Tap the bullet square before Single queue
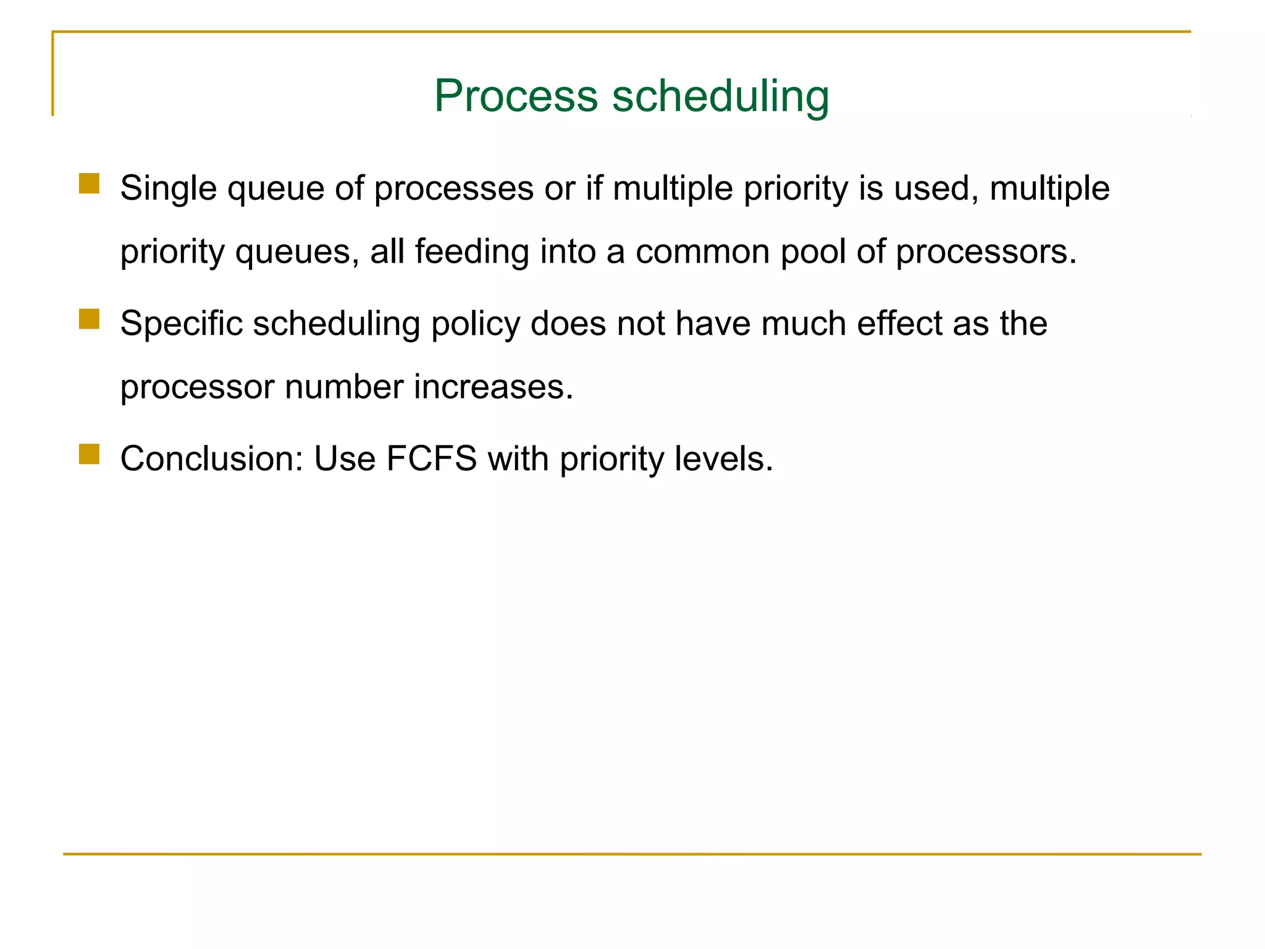(x=89, y=183)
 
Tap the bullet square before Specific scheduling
(x=89, y=319)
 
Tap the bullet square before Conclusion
(x=89, y=454)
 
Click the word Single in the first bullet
(x=168, y=188)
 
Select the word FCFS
(x=431, y=458)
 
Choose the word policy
(x=475, y=324)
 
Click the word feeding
(x=472, y=252)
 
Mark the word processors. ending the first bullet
(x=986, y=252)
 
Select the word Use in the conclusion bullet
(x=345, y=458)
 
